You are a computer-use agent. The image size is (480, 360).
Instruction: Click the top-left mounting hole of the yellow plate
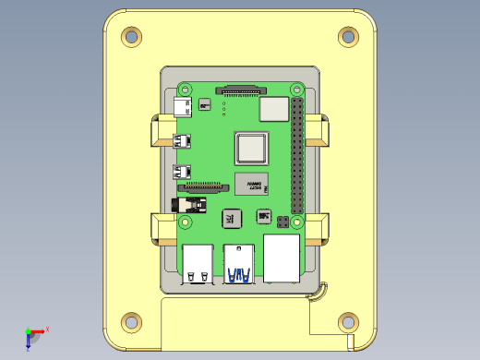coord(132,37)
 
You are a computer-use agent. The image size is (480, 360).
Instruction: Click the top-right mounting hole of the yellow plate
coord(348,37)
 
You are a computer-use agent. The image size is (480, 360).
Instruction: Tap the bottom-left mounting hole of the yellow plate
coord(132,322)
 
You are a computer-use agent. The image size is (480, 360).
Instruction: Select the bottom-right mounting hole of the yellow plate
coord(348,322)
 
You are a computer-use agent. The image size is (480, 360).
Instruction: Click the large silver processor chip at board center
coord(252,149)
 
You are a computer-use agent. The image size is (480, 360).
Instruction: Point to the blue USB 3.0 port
coord(239,262)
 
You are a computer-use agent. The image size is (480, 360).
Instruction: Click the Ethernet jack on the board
coord(282,258)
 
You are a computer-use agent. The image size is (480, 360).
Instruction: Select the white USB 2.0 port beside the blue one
coord(197,263)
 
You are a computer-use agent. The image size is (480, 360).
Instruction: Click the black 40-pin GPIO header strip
coord(297,154)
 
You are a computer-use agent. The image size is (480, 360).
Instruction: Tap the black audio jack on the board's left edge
coord(187,203)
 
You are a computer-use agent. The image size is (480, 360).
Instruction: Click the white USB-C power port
coord(182,108)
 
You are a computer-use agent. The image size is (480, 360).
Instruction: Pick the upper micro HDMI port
coord(183,141)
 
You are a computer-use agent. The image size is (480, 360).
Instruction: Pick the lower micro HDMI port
coord(183,171)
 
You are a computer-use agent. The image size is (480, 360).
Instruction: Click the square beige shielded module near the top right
coord(273,110)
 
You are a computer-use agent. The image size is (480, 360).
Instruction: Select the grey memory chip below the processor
coord(250,183)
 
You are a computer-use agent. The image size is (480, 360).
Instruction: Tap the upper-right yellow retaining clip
coord(317,132)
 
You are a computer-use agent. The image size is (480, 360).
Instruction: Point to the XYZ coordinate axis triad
coord(32,334)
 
